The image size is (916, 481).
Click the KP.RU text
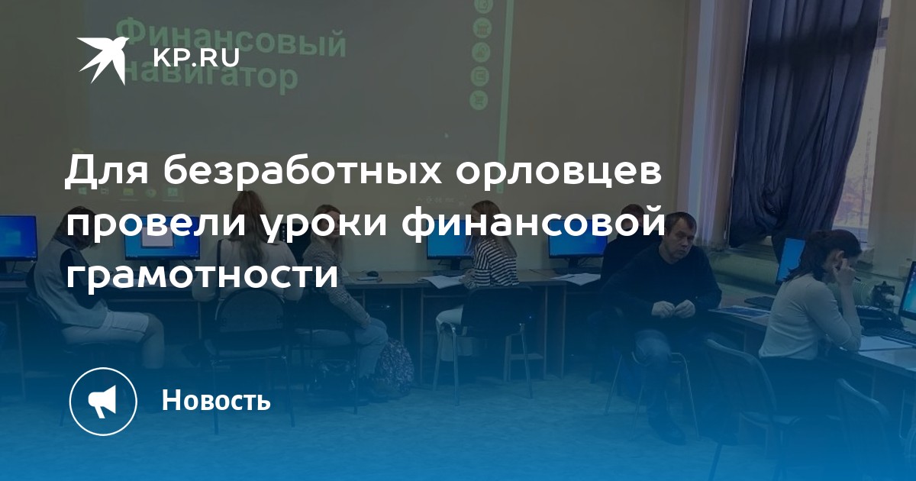coord(196,57)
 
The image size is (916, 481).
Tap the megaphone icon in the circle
coord(102,402)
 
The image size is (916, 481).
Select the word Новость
coord(216,399)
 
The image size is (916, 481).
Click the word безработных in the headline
coord(303,171)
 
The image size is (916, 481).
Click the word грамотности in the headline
coord(202,274)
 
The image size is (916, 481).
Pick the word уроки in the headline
coord(324,226)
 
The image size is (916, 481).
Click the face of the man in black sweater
coord(680,237)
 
